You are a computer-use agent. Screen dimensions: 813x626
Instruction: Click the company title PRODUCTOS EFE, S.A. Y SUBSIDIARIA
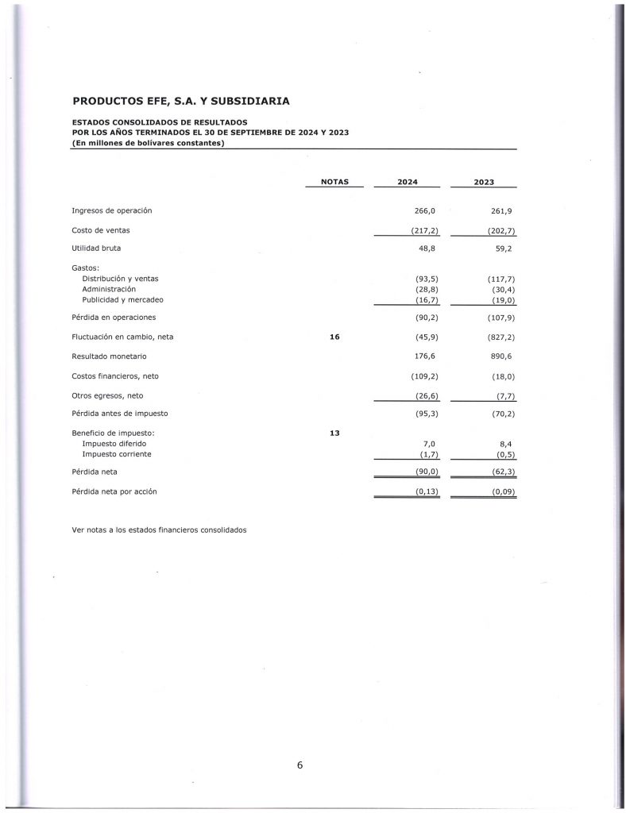point(180,101)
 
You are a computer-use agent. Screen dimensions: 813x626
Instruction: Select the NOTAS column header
point(334,182)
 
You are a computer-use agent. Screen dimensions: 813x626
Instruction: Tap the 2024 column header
point(407,182)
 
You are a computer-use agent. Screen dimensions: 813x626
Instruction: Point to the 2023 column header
point(483,182)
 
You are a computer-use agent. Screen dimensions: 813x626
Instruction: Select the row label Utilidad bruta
point(95,249)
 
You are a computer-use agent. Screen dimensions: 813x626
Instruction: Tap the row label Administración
point(110,289)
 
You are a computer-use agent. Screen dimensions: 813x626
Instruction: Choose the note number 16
point(334,337)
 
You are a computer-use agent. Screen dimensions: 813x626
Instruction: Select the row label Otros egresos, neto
point(107,395)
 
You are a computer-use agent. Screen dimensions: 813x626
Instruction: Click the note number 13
point(334,433)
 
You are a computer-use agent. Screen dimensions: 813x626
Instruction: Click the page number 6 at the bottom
point(299,765)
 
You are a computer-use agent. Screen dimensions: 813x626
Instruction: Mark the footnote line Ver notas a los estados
point(159,530)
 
